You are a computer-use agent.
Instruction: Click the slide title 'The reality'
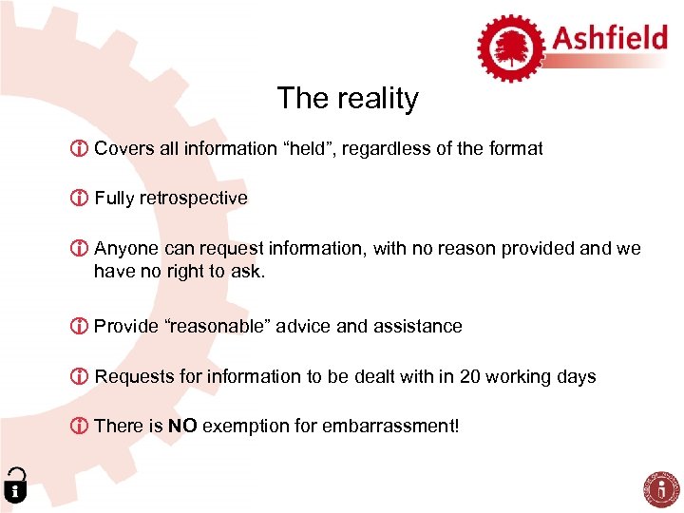347,99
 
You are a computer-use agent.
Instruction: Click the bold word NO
182,427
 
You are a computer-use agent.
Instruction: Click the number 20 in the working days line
469,377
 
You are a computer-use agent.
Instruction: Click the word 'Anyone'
126,249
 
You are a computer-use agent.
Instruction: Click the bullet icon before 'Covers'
81,149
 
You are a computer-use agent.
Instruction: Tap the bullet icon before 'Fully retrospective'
81,199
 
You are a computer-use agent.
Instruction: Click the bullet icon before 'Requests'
81,377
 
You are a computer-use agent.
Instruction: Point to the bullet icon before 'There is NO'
81,427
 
